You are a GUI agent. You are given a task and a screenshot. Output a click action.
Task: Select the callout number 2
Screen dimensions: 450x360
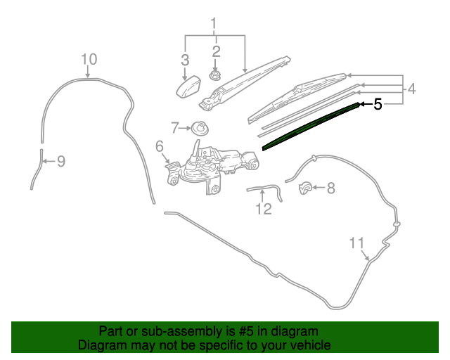click(x=216, y=51)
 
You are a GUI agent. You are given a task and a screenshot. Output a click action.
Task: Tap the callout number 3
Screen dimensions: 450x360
click(x=185, y=60)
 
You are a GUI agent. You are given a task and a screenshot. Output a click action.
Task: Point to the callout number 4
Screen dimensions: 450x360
click(x=411, y=89)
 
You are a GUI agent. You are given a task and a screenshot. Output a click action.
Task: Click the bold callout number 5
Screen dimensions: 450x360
click(x=378, y=104)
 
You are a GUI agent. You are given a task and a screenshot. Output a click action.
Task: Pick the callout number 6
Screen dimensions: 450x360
click(x=160, y=146)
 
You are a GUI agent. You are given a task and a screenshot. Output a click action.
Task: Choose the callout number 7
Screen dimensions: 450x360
click(x=175, y=128)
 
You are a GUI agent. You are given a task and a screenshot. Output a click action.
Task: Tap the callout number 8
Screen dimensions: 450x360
click(x=331, y=188)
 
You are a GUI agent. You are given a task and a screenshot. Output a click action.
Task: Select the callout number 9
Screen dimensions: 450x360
click(x=61, y=161)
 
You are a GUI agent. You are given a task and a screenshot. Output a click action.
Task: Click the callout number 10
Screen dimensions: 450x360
click(x=89, y=60)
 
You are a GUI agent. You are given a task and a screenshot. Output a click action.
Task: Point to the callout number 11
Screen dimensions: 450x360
click(x=356, y=243)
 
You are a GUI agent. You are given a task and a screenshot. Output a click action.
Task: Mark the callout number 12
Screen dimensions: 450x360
click(x=264, y=209)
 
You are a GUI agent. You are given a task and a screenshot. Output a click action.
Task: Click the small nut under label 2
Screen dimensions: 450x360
click(x=215, y=76)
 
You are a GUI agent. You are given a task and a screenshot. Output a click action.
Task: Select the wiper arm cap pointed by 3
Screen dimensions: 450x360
click(x=188, y=86)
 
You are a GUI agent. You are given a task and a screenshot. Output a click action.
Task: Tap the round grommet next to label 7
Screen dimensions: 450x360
click(x=200, y=129)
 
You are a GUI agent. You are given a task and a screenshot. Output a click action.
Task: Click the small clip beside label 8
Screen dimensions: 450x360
click(x=305, y=188)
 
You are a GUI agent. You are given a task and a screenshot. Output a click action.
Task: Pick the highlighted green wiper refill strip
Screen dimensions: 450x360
click(x=311, y=126)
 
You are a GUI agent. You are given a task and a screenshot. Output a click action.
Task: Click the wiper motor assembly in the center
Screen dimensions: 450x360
click(x=213, y=167)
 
